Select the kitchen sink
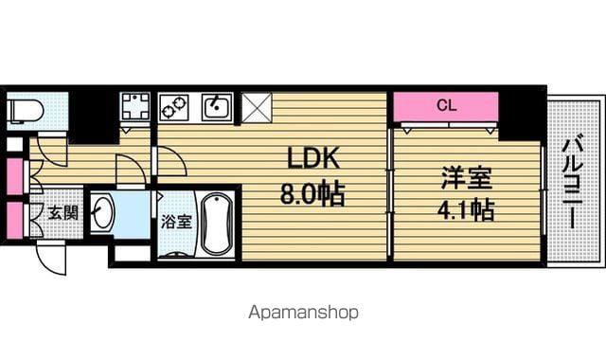pos(217,107)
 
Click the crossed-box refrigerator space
pos(257,107)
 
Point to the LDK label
pos(313,158)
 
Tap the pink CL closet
pos(446,106)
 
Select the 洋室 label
pos(467,177)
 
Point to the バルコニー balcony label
pos(573,184)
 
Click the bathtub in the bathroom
pos(218,224)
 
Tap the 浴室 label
pos(176,222)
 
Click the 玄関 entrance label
pos(63,212)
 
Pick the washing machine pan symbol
pos(134,106)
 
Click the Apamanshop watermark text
pos(303,313)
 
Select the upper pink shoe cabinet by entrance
pos(15,176)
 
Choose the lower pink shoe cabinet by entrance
pos(15,220)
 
